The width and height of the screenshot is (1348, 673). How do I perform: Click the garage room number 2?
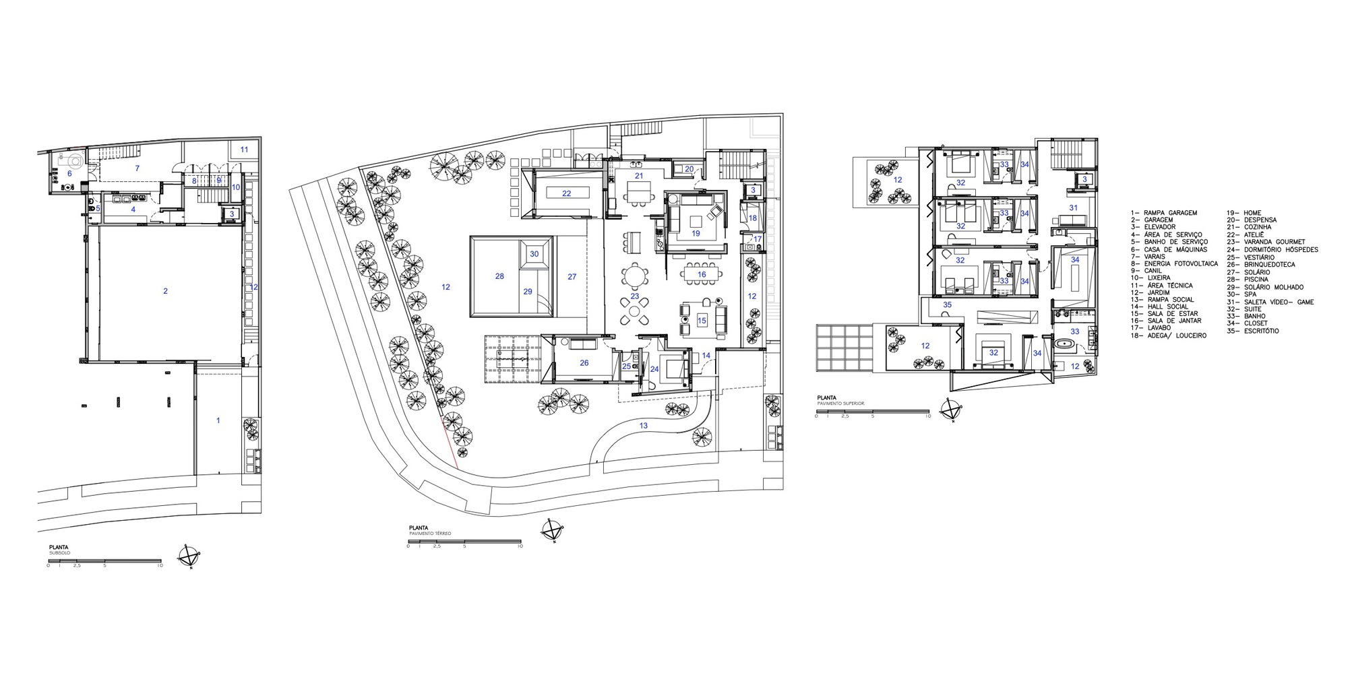[x=165, y=291]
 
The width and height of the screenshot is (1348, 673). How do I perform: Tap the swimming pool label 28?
[x=499, y=276]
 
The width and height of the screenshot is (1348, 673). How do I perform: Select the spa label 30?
[x=534, y=254]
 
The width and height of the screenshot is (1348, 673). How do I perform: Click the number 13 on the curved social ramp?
[x=644, y=425]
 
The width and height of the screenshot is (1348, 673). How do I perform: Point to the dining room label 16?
[x=702, y=274]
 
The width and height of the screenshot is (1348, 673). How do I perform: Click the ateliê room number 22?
[x=566, y=193]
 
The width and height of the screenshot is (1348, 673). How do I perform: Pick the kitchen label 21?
[x=638, y=176]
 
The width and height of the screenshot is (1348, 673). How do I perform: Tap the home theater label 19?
[x=696, y=233]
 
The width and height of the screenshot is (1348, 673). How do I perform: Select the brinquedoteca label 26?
[x=584, y=362]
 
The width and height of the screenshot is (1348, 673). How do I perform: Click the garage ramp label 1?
[x=218, y=420]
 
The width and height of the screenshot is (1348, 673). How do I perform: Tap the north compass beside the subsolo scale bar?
[x=189, y=556]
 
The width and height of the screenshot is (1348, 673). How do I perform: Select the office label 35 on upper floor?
[x=947, y=305]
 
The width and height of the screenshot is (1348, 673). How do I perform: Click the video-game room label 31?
[x=1073, y=207]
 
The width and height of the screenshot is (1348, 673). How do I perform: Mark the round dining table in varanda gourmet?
[x=634, y=276]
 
